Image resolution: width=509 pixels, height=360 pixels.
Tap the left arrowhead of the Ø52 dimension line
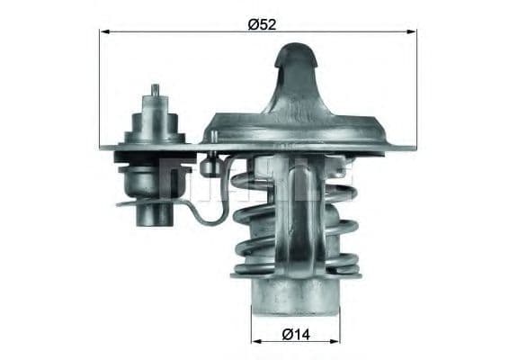pos(103,31)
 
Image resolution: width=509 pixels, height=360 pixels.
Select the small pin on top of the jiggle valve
pos(155,90)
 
